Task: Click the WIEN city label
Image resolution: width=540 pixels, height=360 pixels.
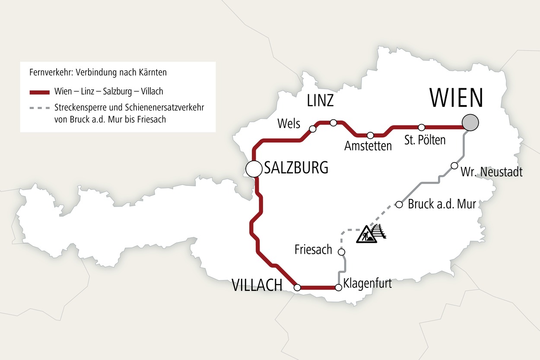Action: [456, 98]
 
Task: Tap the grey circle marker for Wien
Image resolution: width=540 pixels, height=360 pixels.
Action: [470, 122]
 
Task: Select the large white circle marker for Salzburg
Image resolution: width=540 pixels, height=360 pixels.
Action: [254, 169]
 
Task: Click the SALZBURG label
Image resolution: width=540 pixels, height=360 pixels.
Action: [296, 167]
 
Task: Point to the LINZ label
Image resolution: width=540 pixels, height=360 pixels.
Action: [320, 101]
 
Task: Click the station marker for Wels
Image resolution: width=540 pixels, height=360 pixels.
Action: [313, 129]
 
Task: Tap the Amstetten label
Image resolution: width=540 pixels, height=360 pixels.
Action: [368, 146]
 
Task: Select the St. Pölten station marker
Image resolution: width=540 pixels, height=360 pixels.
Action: [422, 127]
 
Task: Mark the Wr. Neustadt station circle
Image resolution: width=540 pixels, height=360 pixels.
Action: [454, 166]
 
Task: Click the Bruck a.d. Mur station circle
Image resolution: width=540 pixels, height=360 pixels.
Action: [399, 204]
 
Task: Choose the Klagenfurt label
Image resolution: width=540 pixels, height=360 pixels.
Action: [367, 284]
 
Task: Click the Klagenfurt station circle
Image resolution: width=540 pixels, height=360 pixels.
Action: [339, 287]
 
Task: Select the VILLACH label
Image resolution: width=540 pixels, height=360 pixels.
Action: [257, 286]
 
